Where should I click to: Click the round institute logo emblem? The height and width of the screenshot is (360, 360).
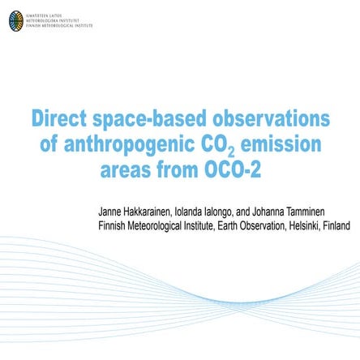[16, 21]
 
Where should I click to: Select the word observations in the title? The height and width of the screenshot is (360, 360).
[268, 119]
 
